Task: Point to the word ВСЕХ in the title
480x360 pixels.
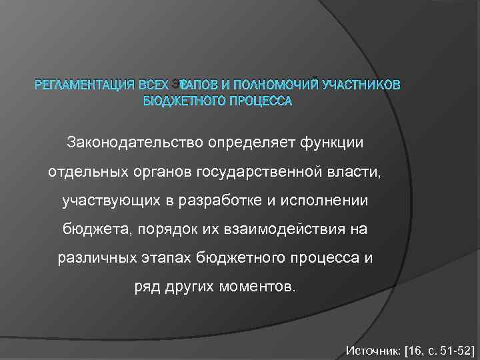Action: [151, 85]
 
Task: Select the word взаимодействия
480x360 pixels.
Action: [291, 229]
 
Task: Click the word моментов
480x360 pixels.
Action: [255, 287]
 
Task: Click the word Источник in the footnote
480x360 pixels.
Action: [371, 349]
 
